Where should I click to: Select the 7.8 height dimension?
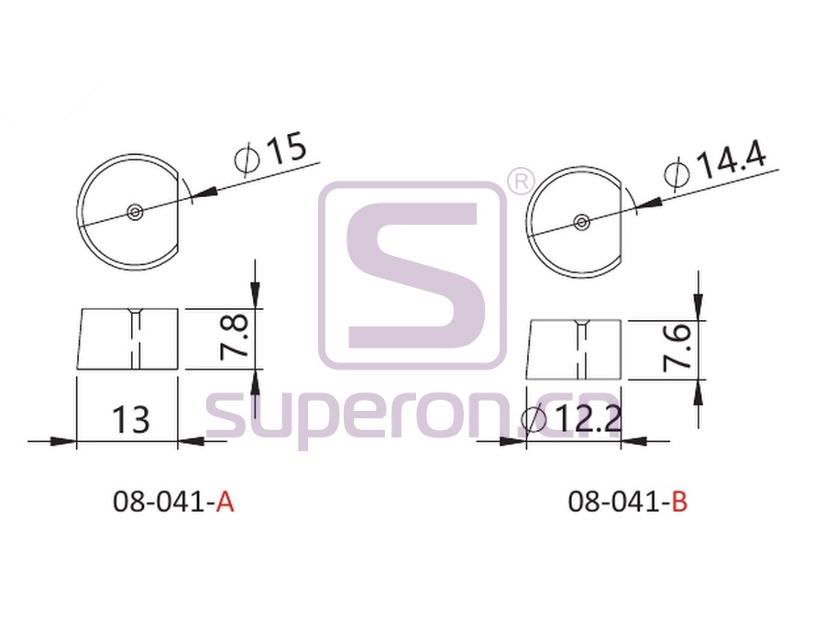point(235,337)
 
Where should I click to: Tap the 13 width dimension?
point(131,420)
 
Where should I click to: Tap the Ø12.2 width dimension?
point(571,420)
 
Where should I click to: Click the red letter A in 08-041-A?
point(225,502)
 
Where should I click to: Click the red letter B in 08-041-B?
point(679,502)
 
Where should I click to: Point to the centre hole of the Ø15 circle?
point(136,212)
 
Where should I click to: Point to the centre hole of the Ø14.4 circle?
point(581,222)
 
